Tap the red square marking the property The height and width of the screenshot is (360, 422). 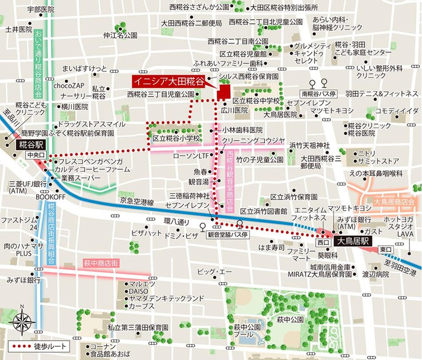[x=222, y=92]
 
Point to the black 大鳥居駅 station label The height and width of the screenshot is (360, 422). [x=352, y=243]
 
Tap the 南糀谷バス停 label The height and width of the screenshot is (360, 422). [x=318, y=94]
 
